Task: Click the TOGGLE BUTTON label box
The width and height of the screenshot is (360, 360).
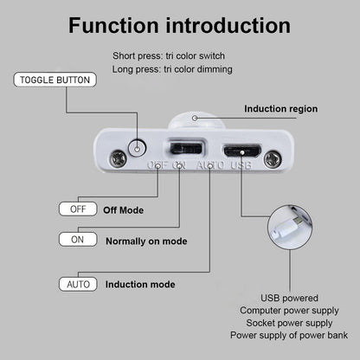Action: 55,80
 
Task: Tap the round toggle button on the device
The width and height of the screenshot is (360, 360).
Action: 137,149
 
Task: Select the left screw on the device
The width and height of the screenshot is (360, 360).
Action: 119,158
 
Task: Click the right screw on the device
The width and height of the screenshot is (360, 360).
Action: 273,159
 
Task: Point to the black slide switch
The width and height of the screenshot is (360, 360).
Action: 186,148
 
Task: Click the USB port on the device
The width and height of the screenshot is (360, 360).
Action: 242,151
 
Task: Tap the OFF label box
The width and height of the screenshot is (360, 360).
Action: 78,209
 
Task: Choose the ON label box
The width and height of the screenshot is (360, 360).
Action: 78,240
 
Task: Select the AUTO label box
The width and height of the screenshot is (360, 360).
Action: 78,285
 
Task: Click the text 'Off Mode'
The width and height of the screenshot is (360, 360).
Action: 124,210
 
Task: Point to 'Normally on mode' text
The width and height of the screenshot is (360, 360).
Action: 146,241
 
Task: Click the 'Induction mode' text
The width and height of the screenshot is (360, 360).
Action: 140,285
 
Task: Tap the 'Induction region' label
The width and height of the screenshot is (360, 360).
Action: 281,109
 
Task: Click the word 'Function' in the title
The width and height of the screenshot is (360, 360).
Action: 113,25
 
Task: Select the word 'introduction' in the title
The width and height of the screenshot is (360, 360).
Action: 228,25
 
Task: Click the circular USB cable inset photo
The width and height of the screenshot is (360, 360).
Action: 290,228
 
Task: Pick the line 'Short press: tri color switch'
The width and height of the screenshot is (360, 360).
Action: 169,55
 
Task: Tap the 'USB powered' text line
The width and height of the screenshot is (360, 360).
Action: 289,298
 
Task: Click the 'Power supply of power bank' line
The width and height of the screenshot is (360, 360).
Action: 289,335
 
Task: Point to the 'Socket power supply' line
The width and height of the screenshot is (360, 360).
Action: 289,323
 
